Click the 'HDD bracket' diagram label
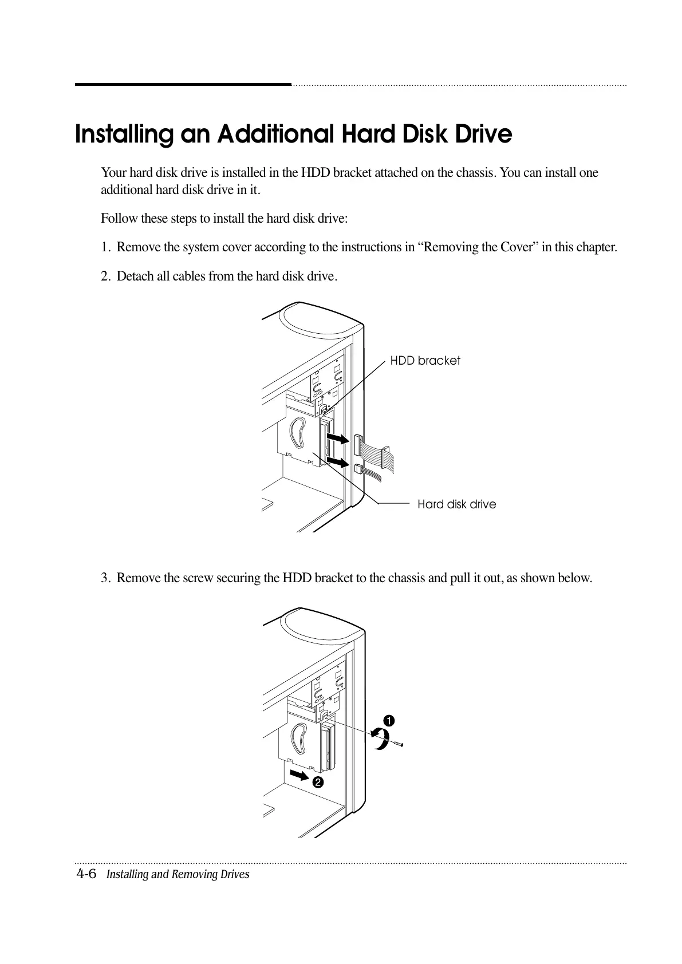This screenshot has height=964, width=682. coord(425,361)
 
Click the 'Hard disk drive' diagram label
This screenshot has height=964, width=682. coord(456,504)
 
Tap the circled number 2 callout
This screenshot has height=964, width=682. coord(317,782)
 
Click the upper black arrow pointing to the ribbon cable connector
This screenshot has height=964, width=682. coord(337,439)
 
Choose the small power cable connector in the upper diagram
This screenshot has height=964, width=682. coord(358,469)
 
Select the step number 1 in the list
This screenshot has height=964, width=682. coord(105,247)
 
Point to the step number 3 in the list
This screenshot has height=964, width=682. coord(105,578)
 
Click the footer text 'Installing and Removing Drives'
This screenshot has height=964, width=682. coord(178,875)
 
